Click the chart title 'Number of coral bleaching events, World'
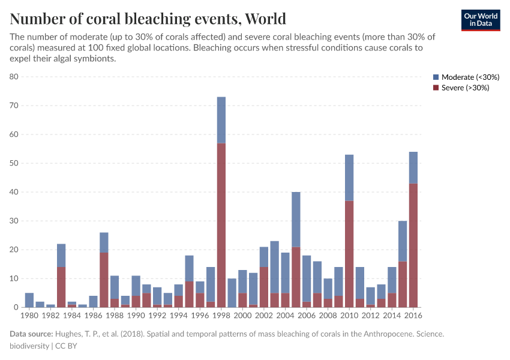pos(148,19)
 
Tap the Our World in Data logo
pos(480,20)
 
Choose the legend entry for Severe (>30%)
pos(461,88)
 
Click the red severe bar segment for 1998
pos(221,225)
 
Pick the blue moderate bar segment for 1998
pos(221,120)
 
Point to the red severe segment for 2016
pos(413,245)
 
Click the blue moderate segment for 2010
pos(349,178)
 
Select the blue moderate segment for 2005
pos(296,219)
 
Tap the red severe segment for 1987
pos(104,280)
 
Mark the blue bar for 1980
pos(29,300)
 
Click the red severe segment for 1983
pos(61,287)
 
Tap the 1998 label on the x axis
pos(221,315)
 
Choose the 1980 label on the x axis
pos(29,315)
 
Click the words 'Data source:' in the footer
pos(31,334)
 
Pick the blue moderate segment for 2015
pos(403,241)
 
